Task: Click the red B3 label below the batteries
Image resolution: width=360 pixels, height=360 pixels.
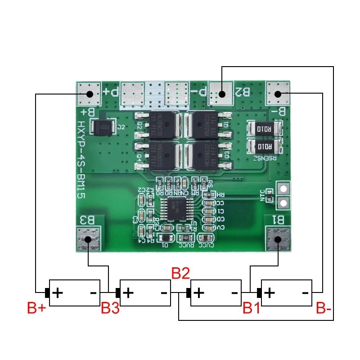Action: tap(110, 309)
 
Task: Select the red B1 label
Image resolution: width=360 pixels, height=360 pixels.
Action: tap(252, 309)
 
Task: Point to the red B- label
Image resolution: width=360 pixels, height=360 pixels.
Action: tap(324, 309)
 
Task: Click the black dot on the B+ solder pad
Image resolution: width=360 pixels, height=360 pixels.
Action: tap(89, 94)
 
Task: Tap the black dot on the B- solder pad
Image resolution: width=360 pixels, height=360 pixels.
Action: tap(278, 94)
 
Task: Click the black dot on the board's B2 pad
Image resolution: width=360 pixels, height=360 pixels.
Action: tap(221, 94)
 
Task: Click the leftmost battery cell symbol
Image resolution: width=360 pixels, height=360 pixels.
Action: tap(75, 293)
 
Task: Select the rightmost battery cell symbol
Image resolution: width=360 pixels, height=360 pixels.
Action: tap(286, 293)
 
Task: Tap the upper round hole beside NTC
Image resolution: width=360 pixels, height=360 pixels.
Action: tap(283, 189)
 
